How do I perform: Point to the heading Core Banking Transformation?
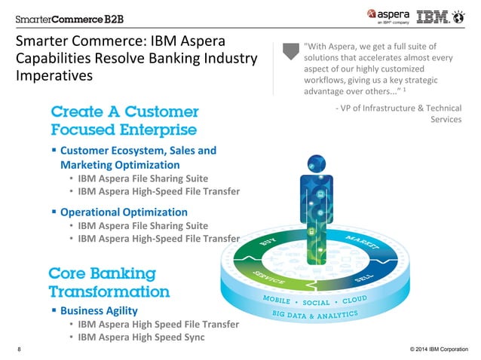coord(109,282)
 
